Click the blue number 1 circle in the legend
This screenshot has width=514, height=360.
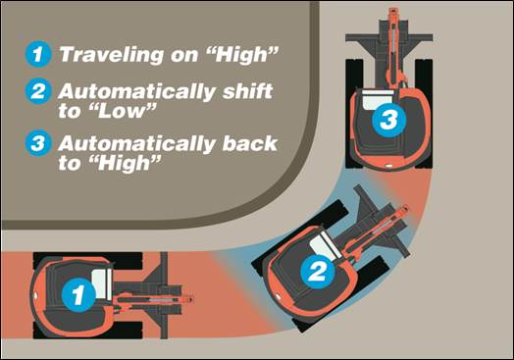click(x=38, y=54)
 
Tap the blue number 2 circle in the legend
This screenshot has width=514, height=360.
click(x=38, y=91)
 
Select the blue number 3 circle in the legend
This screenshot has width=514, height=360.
click(x=38, y=143)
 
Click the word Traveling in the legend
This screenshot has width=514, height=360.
click(x=112, y=54)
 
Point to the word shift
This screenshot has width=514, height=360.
click(x=247, y=91)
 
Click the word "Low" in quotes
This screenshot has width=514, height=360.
click(x=124, y=111)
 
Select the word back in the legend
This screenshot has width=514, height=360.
click(x=250, y=143)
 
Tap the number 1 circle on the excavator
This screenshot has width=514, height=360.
click(x=78, y=294)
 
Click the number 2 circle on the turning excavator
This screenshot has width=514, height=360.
click(x=318, y=272)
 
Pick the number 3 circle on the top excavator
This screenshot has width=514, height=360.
click(x=389, y=120)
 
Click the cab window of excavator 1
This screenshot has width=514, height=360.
click(x=102, y=283)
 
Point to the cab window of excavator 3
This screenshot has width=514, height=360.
click(x=378, y=99)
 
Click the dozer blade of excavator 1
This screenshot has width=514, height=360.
click(x=164, y=295)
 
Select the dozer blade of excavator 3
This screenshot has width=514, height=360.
click(x=389, y=37)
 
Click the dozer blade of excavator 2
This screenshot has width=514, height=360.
click(x=382, y=221)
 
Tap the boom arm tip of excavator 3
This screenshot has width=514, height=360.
click(x=393, y=12)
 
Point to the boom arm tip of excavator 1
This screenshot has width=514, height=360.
click(x=190, y=299)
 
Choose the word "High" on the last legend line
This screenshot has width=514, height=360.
click(x=127, y=163)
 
